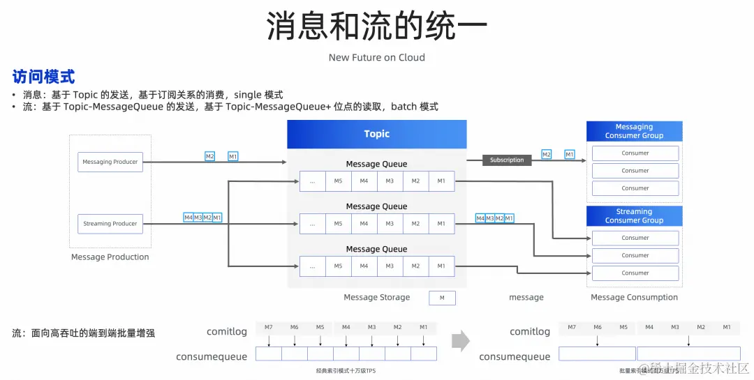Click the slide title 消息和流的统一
376,26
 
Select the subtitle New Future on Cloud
376,58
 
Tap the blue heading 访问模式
43,77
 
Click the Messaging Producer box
110,162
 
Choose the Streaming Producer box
110,224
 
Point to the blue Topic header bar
377,134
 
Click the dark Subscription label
507,160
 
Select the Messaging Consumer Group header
634,131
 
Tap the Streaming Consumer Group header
634,216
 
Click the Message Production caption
110,257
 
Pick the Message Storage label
377,298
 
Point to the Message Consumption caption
634,298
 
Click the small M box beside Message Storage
442,298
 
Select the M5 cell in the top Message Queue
339,181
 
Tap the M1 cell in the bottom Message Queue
441,266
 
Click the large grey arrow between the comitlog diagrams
461,341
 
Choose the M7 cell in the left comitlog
268,328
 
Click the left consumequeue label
212,357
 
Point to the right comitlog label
530,332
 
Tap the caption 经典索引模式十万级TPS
346,372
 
